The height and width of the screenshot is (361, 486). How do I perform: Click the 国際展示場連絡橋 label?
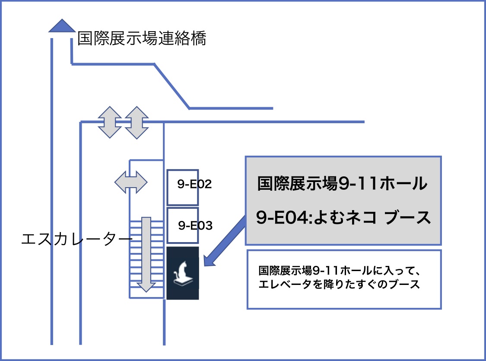(142, 39)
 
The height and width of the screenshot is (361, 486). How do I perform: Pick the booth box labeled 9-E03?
(183, 225)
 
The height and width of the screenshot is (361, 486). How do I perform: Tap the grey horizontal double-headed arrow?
(131, 182)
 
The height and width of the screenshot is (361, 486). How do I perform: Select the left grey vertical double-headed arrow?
(109, 122)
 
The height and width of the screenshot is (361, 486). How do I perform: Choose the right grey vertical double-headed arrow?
(137, 122)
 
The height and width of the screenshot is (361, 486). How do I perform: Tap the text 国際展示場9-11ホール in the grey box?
(342, 184)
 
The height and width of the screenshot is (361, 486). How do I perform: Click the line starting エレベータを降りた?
(339, 285)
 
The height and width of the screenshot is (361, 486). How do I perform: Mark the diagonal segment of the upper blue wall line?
(172, 86)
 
